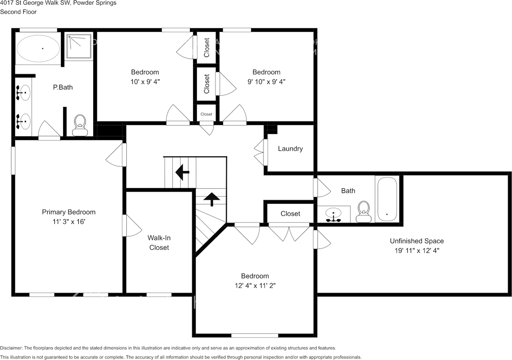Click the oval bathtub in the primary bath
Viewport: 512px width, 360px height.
[x=39, y=48]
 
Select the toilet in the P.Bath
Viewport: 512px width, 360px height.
[x=80, y=125]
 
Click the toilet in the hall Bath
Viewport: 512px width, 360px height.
[x=364, y=211]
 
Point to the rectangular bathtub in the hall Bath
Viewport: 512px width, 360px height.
[x=386, y=199]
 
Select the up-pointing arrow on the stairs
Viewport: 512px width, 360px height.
[x=211, y=198]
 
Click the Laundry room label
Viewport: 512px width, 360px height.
[x=290, y=149]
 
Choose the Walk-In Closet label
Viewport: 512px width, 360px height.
[x=159, y=242]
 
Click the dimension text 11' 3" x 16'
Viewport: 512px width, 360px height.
[x=69, y=221]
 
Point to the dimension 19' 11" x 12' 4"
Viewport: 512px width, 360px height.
[x=417, y=250]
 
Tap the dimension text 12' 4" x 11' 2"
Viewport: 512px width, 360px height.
[x=255, y=286]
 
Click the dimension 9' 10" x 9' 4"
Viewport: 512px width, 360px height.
[x=266, y=82]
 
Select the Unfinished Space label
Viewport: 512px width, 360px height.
[x=417, y=241]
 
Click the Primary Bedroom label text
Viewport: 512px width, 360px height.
[x=69, y=212]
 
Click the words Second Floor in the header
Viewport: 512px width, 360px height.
[x=18, y=12]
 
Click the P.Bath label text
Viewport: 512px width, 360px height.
[x=63, y=87]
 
